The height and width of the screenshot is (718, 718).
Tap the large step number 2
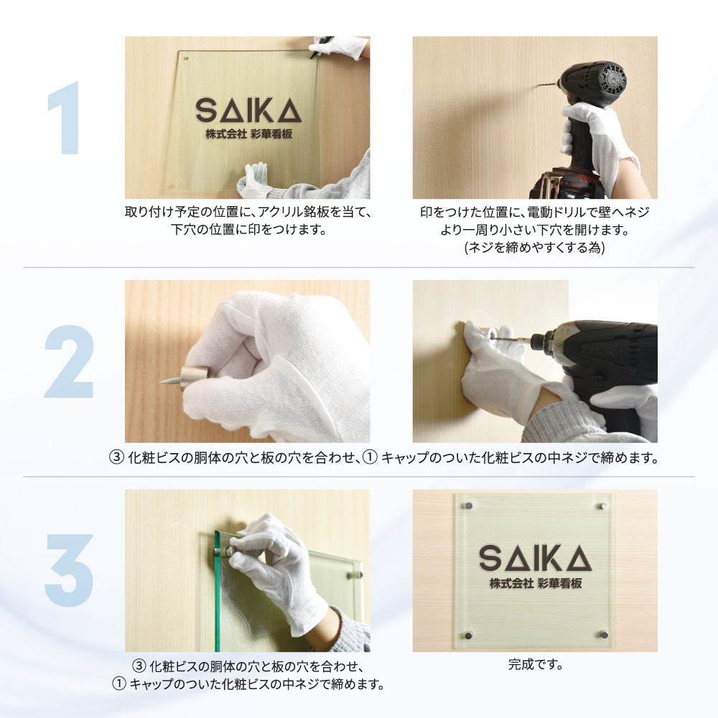69,361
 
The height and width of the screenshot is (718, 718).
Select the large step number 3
69,570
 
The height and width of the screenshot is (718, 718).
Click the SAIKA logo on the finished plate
536,558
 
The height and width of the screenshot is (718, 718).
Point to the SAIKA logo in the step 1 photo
248,111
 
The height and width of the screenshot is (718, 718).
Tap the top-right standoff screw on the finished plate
604,506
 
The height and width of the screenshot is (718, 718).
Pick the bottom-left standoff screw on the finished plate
468,635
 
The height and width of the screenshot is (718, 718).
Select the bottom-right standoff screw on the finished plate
604,635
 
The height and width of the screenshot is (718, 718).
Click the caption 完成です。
536,664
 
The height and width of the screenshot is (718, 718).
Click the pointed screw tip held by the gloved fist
161,381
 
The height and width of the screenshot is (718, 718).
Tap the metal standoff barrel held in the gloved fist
193,378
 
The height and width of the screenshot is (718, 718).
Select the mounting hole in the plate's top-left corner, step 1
187,58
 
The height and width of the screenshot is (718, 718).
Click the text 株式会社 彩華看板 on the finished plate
536,583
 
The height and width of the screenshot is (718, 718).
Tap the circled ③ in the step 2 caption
116,457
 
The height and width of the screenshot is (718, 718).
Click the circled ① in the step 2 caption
370,457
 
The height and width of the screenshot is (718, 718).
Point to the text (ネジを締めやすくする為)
535,248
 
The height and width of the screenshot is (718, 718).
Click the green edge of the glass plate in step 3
218,591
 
